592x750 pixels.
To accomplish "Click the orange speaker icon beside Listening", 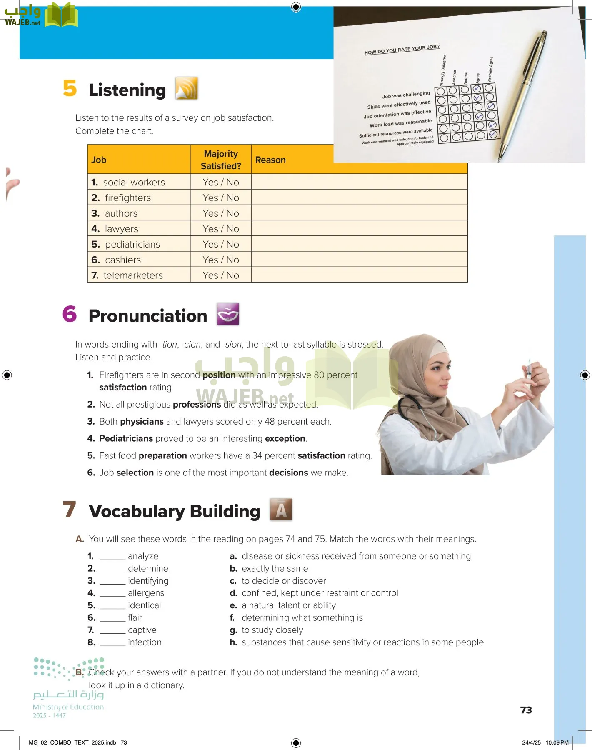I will (186, 88).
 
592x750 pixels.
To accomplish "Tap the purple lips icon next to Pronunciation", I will (228, 314).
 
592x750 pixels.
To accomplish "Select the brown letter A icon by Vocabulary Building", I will (281, 509).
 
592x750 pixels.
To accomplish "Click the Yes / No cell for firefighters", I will (221, 197).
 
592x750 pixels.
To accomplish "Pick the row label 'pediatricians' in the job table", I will (132, 244).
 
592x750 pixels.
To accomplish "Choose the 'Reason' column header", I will (270, 160).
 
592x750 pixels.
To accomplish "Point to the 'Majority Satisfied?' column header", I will (221, 160).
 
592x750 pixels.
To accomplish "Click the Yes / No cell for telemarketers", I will (221, 275).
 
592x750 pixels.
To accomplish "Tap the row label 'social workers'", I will (134, 182).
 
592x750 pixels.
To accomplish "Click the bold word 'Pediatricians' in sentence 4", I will (126, 438).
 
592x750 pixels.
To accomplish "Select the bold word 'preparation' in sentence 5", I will (162, 455).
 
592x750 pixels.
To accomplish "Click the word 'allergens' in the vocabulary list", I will (146, 593).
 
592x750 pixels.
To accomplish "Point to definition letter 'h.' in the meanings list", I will (233, 642).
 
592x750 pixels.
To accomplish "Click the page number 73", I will (526, 710).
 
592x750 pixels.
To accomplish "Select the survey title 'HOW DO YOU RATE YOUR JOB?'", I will (402, 50).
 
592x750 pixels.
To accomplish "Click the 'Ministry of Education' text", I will (68, 707).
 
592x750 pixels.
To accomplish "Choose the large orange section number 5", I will (70, 88).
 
